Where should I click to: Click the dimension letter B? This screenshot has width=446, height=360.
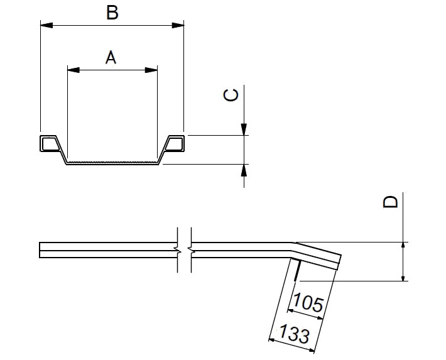(112, 13)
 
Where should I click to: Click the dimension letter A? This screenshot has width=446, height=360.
(111, 58)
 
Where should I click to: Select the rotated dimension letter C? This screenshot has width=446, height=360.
(231, 95)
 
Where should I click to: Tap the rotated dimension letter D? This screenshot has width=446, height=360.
(391, 202)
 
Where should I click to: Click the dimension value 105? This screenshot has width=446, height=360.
(308, 304)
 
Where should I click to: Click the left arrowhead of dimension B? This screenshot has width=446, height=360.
(44, 25)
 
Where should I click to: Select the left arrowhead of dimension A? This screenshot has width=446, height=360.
(71, 70)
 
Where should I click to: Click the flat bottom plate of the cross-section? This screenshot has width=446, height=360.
(112, 163)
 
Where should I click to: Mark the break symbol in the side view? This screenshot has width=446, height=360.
(184, 250)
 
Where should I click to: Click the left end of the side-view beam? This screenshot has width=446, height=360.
(41, 250)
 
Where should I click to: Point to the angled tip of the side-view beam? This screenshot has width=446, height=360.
(337, 263)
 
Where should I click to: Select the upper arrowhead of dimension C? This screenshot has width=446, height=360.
(244, 131)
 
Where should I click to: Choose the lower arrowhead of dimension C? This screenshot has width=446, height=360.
(244, 168)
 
